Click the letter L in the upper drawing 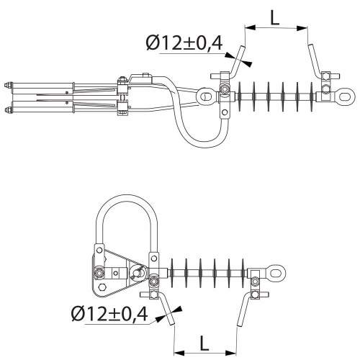point(275,18)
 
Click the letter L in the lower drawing point(204,343)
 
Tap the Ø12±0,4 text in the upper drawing point(184,42)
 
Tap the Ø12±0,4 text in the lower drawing point(109,314)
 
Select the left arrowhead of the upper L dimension point(250,27)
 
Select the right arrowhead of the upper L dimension point(302,28)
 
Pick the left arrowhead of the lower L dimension point(179,353)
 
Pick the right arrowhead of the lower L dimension point(231,353)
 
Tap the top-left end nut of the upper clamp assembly point(7,85)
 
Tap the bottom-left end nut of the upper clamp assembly point(7,109)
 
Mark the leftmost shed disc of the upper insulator point(240,96)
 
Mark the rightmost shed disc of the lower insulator point(243,273)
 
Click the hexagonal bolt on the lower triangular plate point(102,287)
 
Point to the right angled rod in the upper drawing point(315,60)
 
